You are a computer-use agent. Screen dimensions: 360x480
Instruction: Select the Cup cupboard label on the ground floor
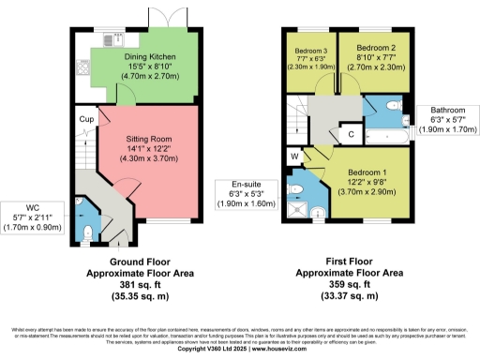[85, 119]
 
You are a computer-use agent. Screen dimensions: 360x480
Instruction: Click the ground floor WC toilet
[86, 231]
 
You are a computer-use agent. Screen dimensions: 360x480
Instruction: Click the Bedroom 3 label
[310, 56]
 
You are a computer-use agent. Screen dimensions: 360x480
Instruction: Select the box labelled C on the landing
[350, 134]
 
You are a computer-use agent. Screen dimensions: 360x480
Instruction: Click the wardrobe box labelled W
[294, 156]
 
